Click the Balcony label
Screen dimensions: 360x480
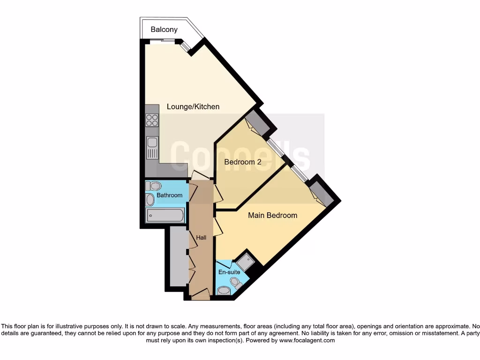pyautogui.click(x=164, y=30)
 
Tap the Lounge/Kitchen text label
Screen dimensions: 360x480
pyautogui.click(x=193, y=107)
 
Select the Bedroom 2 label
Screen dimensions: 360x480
pyautogui.click(x=242, y=162)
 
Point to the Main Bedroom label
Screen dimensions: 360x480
pyautogui.click(x=272, y=216)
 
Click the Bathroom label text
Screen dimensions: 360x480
pyautogui.click(x=169, y=195)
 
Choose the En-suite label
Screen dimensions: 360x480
pyautogui.click(x=229, y=272)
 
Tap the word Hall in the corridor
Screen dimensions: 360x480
pyautogui.click(x=201, y=238)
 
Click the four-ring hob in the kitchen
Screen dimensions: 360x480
pyautogui.click(x=152, y=120)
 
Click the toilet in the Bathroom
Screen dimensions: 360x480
pyautogui.click(x=153, y=186)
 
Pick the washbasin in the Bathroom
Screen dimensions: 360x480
pyautogui.click(x=150, y=200)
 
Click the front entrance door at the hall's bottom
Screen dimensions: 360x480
pyautogui.click(x=200, y=294)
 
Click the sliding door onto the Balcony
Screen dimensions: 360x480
pyautogui.click(x=163, y=42)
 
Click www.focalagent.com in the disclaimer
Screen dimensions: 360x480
pyautogui.click(x=307, y=341)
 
